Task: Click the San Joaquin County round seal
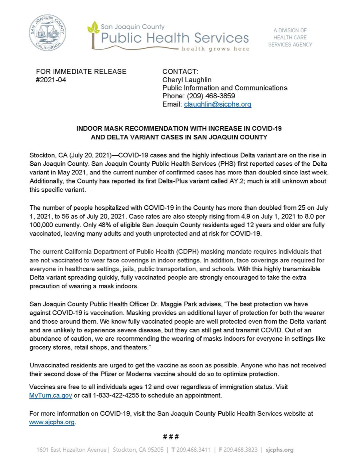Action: point(47,33)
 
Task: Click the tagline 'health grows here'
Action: point(216,49)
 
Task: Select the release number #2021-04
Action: point(51,80)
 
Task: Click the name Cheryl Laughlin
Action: point(187,80)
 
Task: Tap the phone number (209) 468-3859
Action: point(211,96)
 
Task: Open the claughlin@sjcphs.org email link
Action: point(218,104)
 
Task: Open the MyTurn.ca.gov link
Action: point(51,395)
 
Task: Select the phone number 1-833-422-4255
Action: point(116,395)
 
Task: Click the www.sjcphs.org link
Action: point(52,422)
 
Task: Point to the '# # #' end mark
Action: point(171,437)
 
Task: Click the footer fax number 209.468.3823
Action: point(240,450)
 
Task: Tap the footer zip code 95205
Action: point(155,450)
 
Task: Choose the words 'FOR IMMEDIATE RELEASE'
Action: point(81,72)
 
